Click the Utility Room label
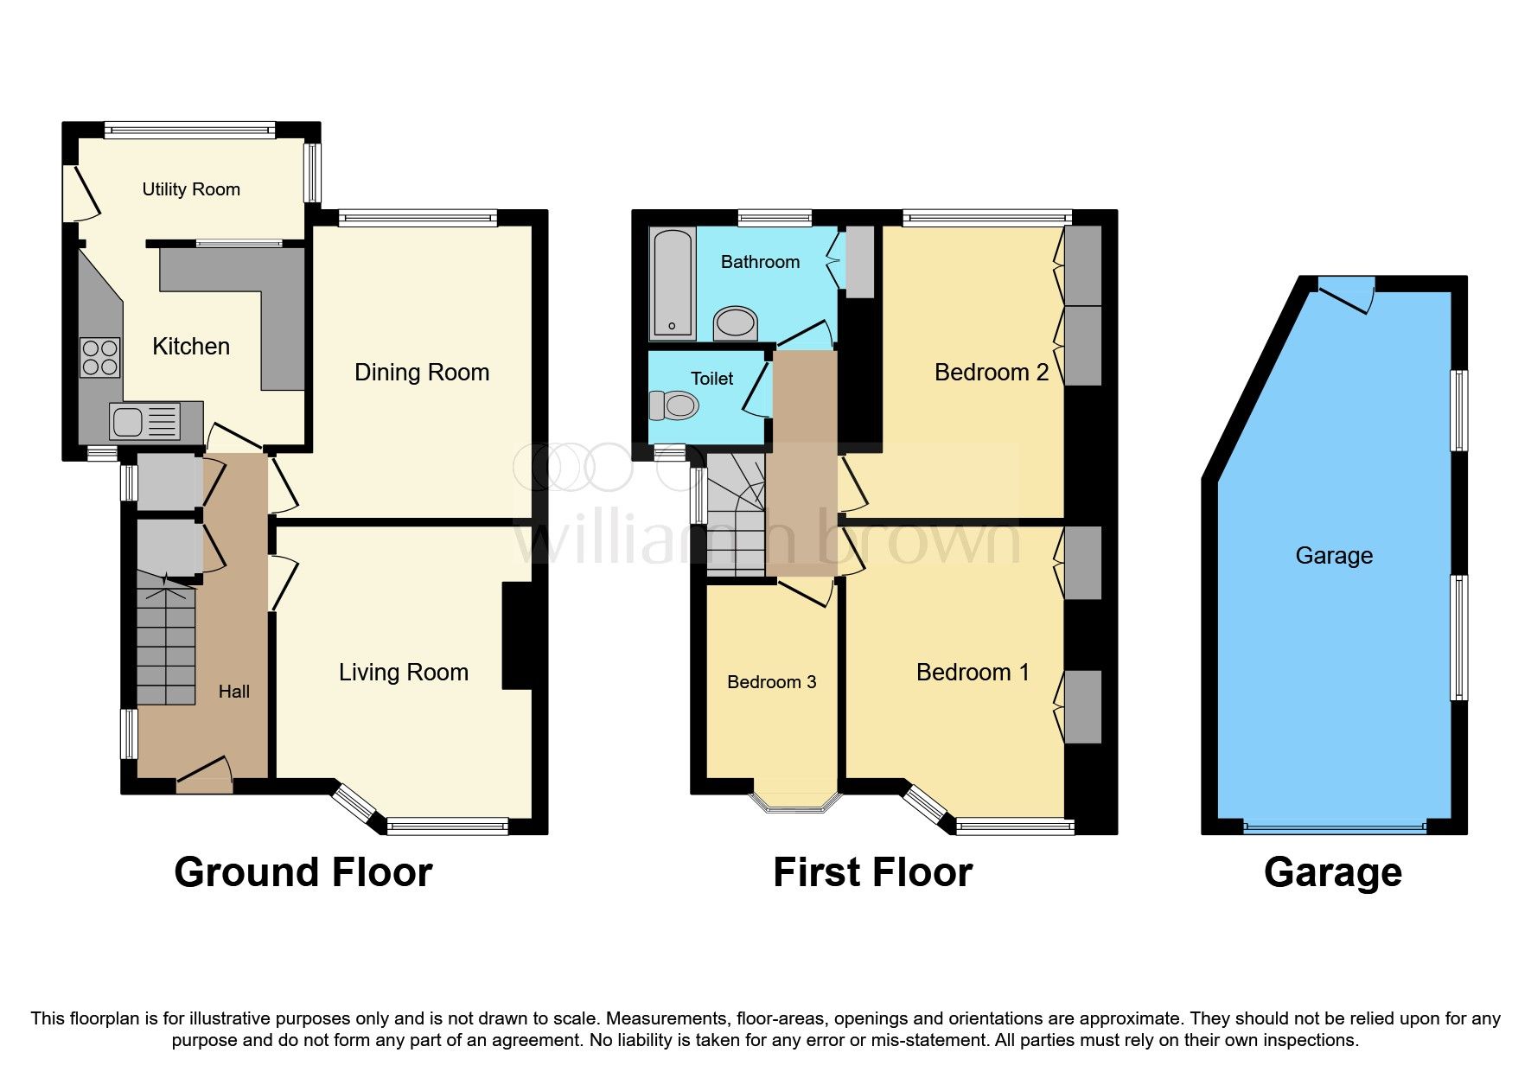191,189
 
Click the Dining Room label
422,373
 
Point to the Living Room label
403,673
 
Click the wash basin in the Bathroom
736,323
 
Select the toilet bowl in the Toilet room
675,405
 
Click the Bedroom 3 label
771,682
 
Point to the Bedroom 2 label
991,373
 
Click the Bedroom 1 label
973,673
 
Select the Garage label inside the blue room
1333,556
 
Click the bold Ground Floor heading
303,872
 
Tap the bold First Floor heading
872,872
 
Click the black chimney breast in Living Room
517,635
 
